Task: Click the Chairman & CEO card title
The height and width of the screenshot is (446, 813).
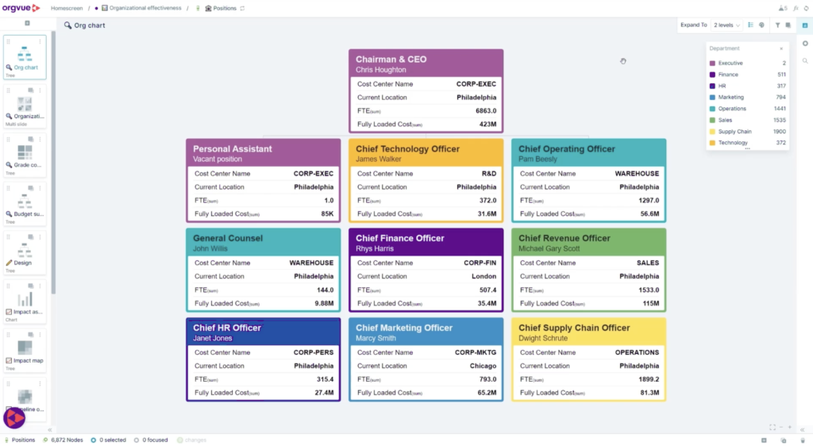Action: [x=391, y=60]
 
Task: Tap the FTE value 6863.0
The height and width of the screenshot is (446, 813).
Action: [x=486, y=111]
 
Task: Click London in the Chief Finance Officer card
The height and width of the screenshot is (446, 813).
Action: [x=484, y=276]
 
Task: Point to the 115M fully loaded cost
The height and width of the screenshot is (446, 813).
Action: [x=650, y=303]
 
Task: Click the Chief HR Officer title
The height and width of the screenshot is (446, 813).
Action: [x=227, y=328]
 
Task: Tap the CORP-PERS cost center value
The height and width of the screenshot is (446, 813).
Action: [x=314, y=352]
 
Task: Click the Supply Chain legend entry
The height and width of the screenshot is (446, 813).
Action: [x=734, y=132]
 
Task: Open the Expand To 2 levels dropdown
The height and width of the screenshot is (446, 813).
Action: [x=726, y=25]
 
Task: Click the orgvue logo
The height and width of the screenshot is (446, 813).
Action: [x=20, y=8]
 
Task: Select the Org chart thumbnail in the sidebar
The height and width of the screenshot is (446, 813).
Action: [x=25, y=56]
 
